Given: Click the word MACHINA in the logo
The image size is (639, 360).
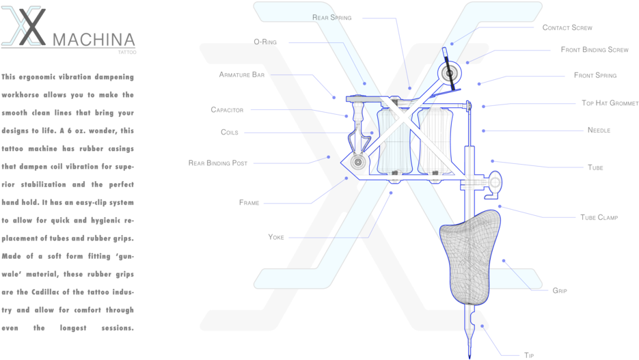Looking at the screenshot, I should pos(94,40).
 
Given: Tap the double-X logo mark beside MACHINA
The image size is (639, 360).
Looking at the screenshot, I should pos(25,27).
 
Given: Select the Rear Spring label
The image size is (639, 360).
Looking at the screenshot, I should pos(331,17).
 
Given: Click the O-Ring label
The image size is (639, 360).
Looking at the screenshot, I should pos(264,42).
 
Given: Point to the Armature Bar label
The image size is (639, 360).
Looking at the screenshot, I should pos(241,74).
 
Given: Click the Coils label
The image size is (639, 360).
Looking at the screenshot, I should pos(229,132).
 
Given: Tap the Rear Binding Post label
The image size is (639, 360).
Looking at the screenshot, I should pos(218,163).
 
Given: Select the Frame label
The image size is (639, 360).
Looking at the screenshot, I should pos(249,202).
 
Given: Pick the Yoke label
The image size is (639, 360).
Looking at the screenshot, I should pos(276,237).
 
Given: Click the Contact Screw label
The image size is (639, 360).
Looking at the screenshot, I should pos(567,28).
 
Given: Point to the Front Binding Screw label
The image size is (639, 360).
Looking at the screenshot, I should pos(594,50).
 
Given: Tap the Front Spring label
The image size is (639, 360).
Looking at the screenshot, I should pos(595,75).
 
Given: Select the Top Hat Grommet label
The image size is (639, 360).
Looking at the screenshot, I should pos(610,103).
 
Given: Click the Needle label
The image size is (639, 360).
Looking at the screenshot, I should pos(599,130).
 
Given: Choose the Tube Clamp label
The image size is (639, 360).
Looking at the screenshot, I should pos(599,217).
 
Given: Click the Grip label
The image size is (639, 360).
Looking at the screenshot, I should pos(559,290).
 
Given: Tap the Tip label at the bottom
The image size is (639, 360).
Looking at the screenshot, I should pos(528,355).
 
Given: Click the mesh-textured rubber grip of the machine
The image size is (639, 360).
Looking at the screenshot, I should pos(472,256).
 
